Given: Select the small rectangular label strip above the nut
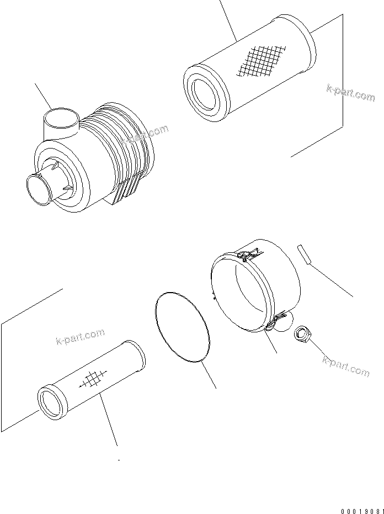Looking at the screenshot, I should coord(302,256).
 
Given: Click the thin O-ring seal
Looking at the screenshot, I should coord(182,327).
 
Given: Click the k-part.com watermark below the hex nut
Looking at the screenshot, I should coord(345,365).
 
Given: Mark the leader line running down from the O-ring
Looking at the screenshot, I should coord(209,375).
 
